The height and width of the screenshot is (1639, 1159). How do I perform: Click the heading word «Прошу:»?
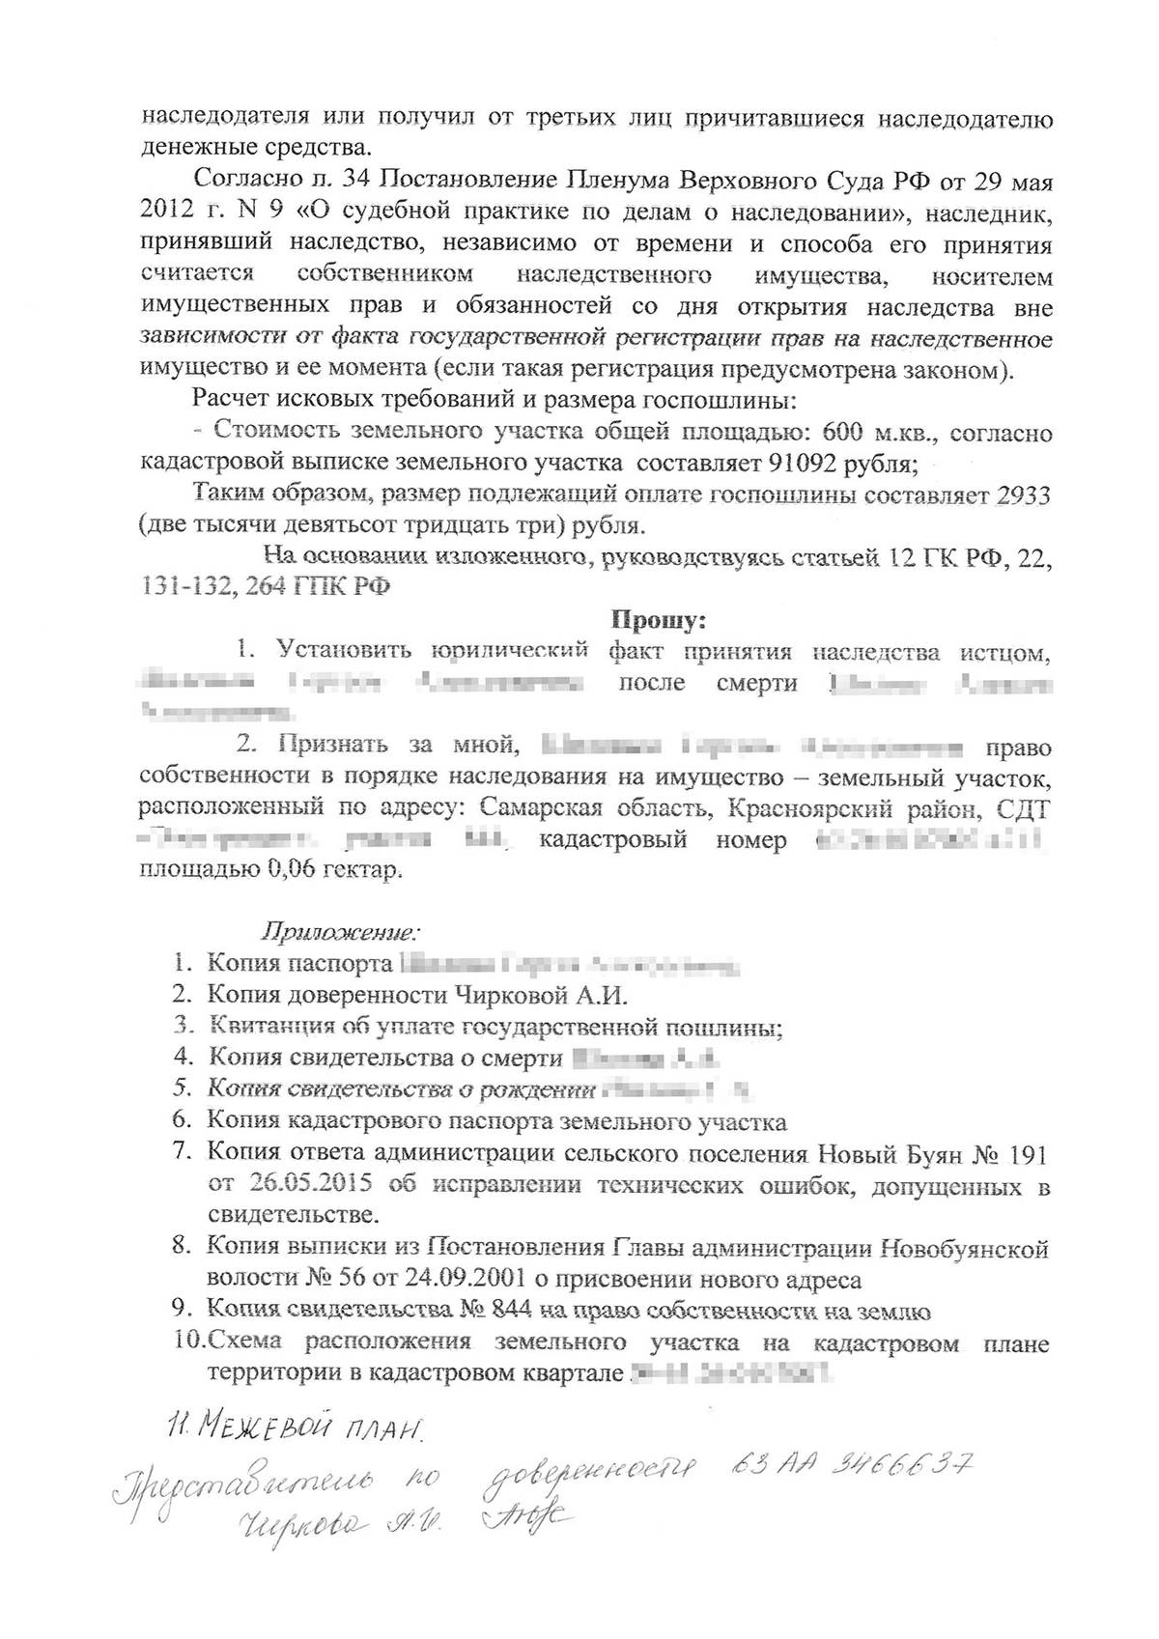coord(660,618)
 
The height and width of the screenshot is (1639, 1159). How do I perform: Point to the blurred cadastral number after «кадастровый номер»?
coord(932,839)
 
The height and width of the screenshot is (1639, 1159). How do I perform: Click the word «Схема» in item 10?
coord(250,1342)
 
